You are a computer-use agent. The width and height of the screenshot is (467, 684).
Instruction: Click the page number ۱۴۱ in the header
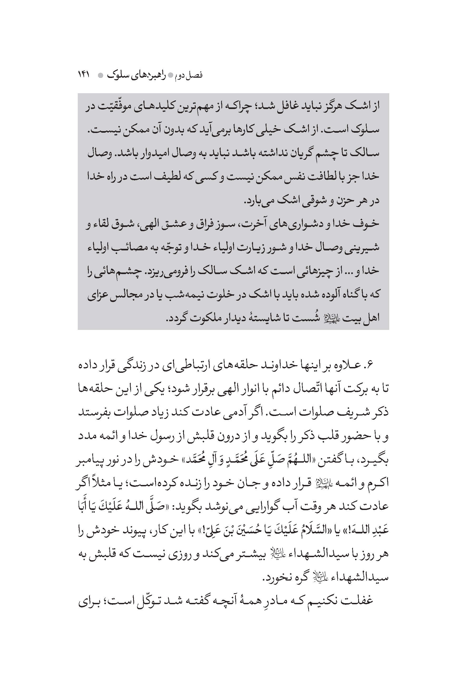[x=85, y=75]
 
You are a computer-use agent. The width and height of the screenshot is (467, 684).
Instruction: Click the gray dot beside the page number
[x=100, y=76]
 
